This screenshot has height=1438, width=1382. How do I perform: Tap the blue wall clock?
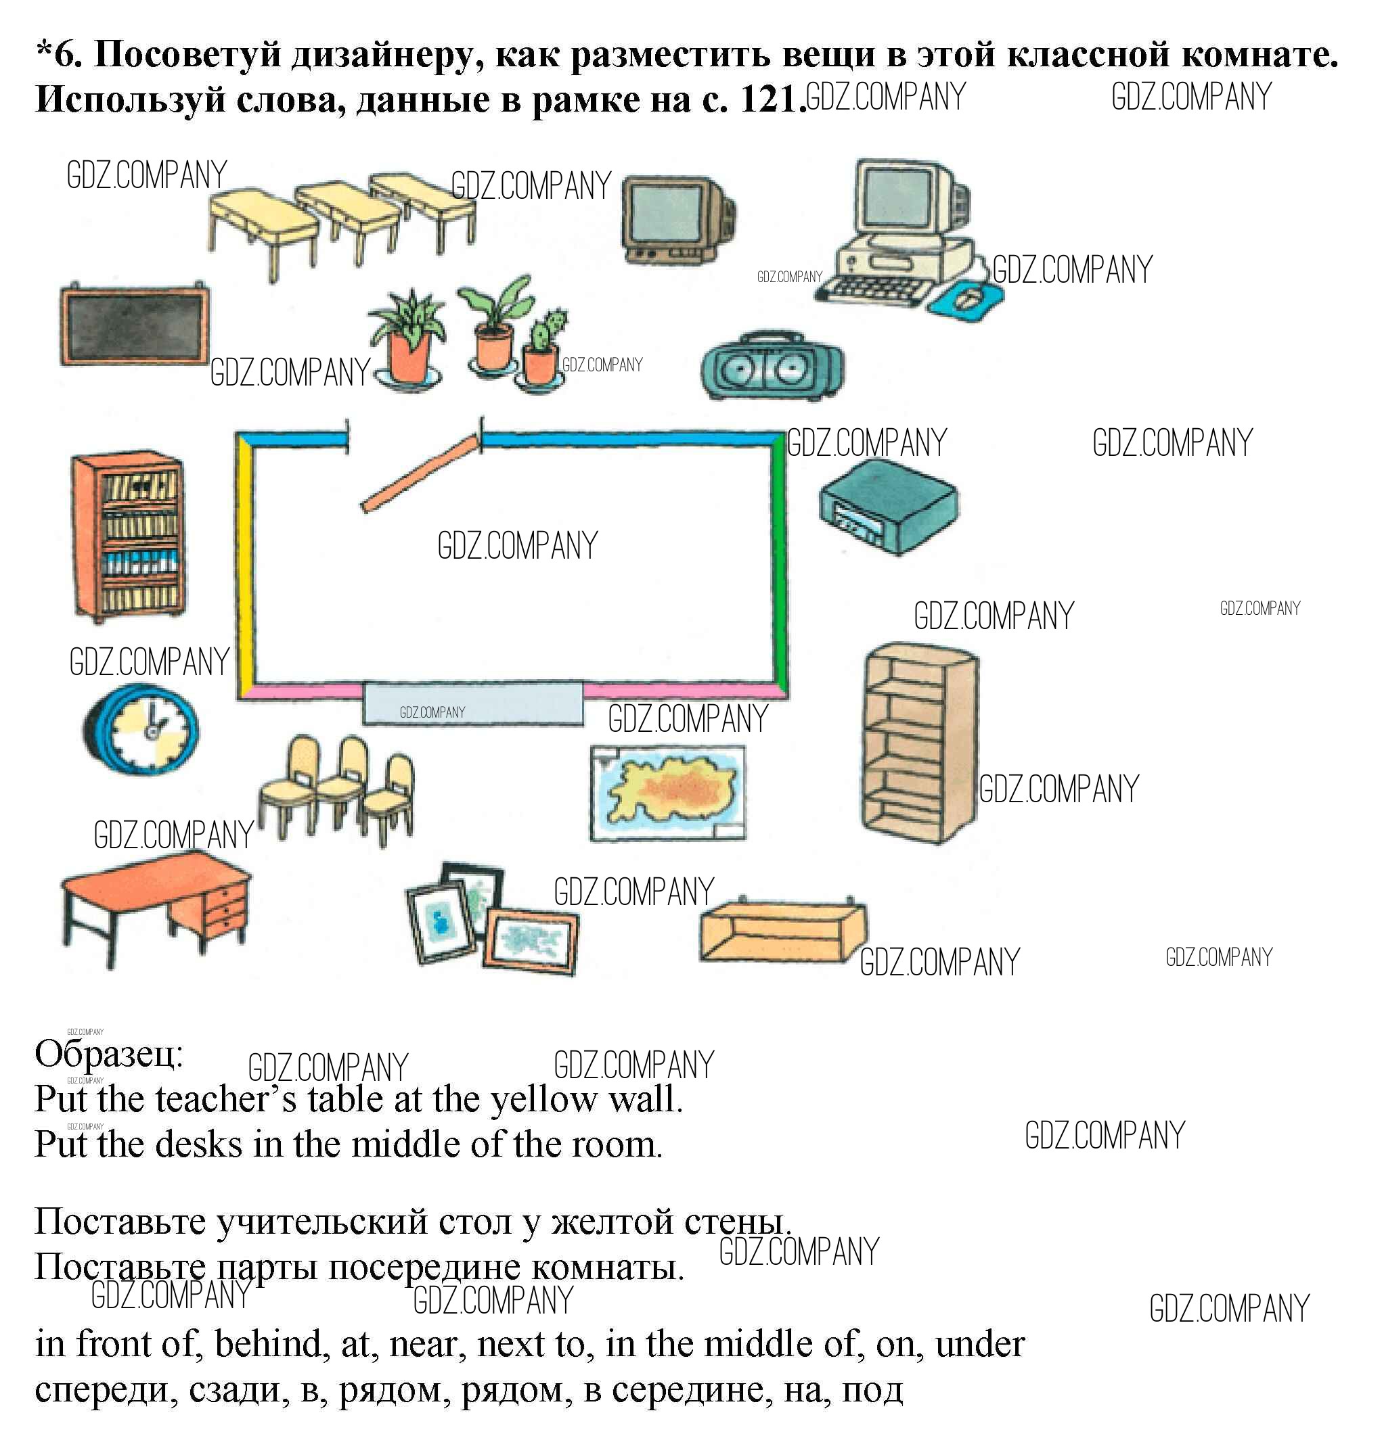[141, 729]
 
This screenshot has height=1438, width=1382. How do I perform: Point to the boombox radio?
[772, 367]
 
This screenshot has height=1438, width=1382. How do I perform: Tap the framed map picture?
[668, 792]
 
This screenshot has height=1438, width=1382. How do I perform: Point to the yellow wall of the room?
[245, 565]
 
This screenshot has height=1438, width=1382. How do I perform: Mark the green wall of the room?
[780, 565]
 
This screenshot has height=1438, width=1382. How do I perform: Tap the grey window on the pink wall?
[473, 702]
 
